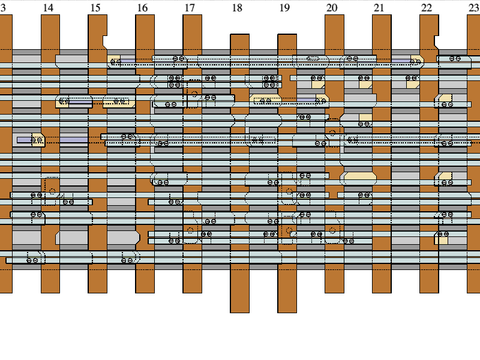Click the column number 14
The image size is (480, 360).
pyautogui.click(x=48, y=8)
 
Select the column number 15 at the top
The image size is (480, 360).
pyautogui.click(x=95, y=8)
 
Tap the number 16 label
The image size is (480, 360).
pyautogui.click(x=142, y=8)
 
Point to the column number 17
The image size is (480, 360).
pyautogui.click(x=190, y=8)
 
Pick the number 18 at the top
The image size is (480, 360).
pyautogui.click(x=237, y=8)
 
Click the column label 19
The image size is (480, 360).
pyautogui.click(x=284, y=8)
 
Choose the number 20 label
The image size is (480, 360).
pyautogui.click(x=332, y=8)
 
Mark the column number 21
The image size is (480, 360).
pyautogui.click(x=379, y=8)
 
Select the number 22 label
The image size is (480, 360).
pyautogui.click(x=427, y=8)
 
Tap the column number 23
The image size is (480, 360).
pyautogui.click(x=473, y=8)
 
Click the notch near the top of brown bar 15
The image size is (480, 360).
pyautogui.click(x=105, y=42)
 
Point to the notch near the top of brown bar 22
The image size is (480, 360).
pyautogui.click(x=437, y=42)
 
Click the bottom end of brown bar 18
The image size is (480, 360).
pyautogui.click(x=239, y=312)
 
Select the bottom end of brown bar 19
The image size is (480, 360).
pyautogui.click(x=287, y=312)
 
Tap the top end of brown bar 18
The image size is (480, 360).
pyautogui.click(x=239, y=35)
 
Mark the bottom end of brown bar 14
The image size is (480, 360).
pyautogui.click(x=50, y=292)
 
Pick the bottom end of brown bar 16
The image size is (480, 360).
pyautogui.click(x=145, y=292)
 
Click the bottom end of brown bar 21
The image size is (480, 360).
pyautogui.click(x=382, y=292)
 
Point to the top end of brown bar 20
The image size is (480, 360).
pyautogui.click(x=334, y=15)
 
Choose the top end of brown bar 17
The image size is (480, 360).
pyautogui.click(x=192, y=15)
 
